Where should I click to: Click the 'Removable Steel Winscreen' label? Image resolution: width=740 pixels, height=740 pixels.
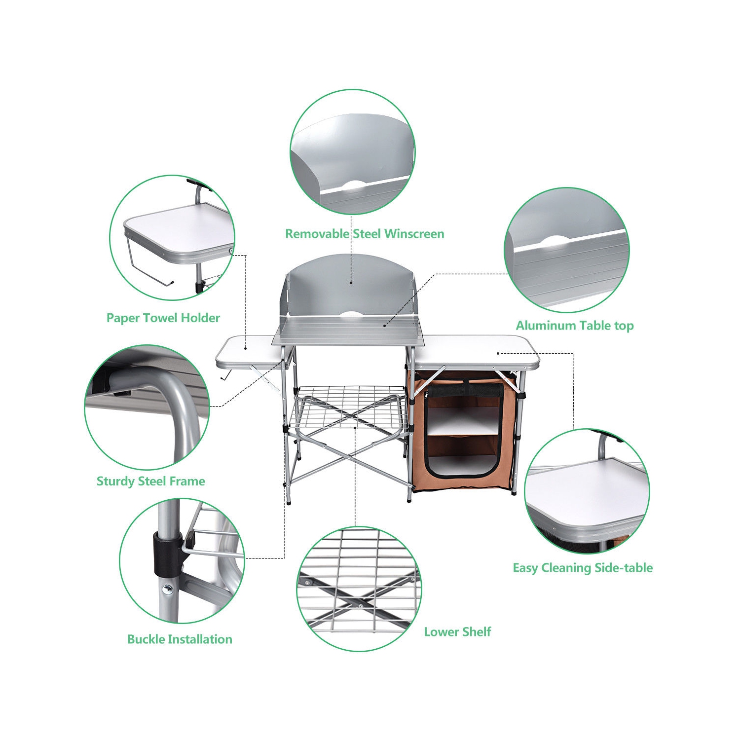click(x=365, y=234)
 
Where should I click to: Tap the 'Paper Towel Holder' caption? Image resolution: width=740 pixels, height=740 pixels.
click(x=163, y=318)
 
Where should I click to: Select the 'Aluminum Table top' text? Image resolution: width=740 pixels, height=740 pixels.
click(x=575, y=326)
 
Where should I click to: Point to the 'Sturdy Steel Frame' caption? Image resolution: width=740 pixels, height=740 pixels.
click(x=150, y=481)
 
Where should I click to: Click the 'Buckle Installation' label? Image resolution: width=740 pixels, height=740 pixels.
click(x=180, y=639)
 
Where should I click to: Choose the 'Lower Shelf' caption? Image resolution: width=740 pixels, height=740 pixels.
click(x=457, y=632)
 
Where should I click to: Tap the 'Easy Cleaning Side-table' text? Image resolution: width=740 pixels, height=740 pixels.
click(x=583, y=568)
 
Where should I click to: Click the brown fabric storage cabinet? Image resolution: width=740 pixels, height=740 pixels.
click(x=464, y=434)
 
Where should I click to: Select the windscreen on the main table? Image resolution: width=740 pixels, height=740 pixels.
click(x=350, y=291)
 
